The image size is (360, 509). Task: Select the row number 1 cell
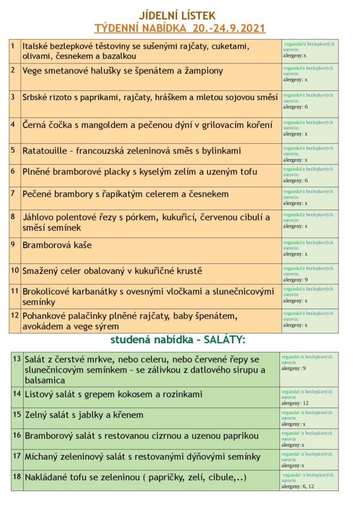[13, 45]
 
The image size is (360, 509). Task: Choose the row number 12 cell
[15, 315]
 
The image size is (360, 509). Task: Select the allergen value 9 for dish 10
[306, 280]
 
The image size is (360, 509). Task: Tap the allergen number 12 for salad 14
[305, 403]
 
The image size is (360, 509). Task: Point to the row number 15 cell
[17, 414]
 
